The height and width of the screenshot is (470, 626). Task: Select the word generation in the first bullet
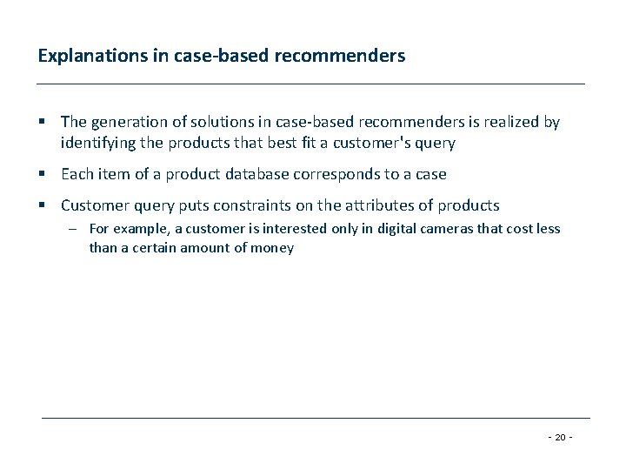click(x=130, y=123)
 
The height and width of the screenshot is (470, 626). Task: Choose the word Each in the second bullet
click(x=77, y=174)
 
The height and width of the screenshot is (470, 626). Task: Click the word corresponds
click(x=336, y=174)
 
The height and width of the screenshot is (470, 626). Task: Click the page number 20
click(x=560, y=437)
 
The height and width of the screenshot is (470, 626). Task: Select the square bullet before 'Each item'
click(x=42, y=174)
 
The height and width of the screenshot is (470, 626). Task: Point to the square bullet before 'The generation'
click(x=42, y=123)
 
